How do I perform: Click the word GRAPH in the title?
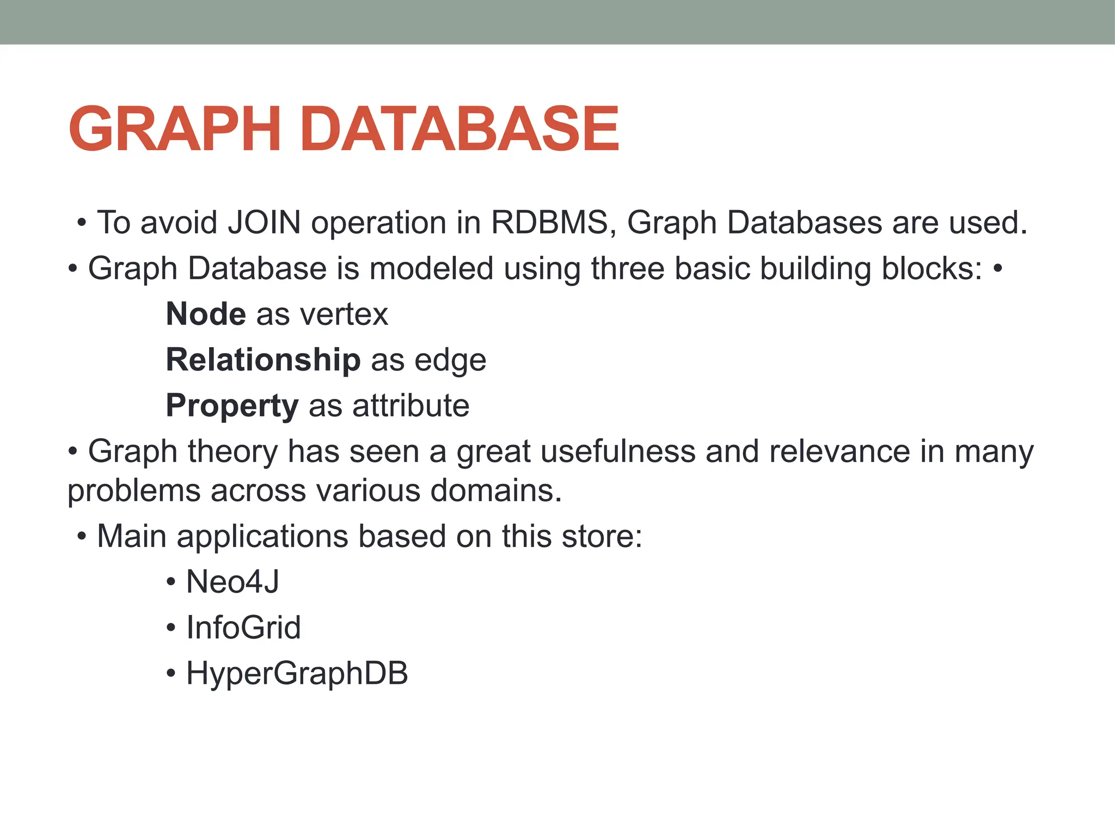[174, 129]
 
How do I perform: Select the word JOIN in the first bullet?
[265, 223]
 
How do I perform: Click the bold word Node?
[206, 314]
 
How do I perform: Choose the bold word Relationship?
[263, 360]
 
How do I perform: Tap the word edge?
[450, 361]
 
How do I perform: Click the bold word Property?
[232, 406]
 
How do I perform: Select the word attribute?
[411, 405]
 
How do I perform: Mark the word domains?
[496, 490]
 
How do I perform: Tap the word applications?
[262, 537]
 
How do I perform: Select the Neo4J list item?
[232, 582]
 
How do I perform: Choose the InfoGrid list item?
[243, 628]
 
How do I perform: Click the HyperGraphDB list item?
[297, 673]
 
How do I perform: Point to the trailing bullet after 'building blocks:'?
[997, 269]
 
